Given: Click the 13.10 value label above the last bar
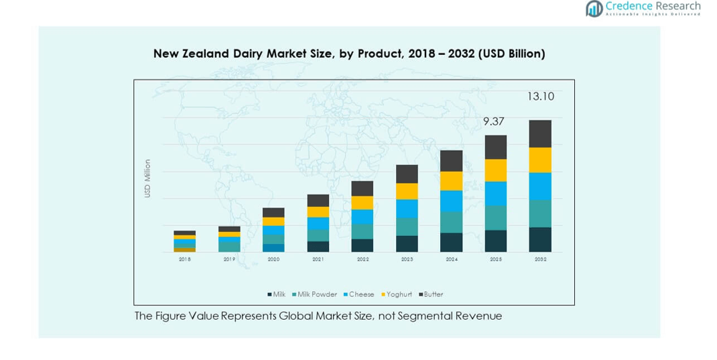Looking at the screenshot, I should (x=540, y=97).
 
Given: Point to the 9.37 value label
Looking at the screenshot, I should (x=494, y=122).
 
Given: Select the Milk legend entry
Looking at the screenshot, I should (x=277, y=294).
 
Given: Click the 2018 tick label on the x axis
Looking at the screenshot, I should (x=184, y=259).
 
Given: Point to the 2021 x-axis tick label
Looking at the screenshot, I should (x=318, y=259).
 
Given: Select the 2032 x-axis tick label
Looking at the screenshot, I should (x=540, y=259).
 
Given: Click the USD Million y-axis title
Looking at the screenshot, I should (x=147, y=178).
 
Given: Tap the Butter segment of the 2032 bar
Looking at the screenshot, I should (x=540, y=133).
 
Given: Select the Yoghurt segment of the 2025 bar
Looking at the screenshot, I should (x=496, y=170).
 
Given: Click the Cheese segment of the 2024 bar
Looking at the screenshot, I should (x=451, y=201).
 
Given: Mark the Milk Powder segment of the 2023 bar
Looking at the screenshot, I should (x=407, y=227).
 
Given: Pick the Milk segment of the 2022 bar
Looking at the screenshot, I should (x=363, y=245).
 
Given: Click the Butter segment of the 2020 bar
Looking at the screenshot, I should (x=273, y=213).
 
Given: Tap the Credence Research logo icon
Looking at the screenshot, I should (x=594, y=8).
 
